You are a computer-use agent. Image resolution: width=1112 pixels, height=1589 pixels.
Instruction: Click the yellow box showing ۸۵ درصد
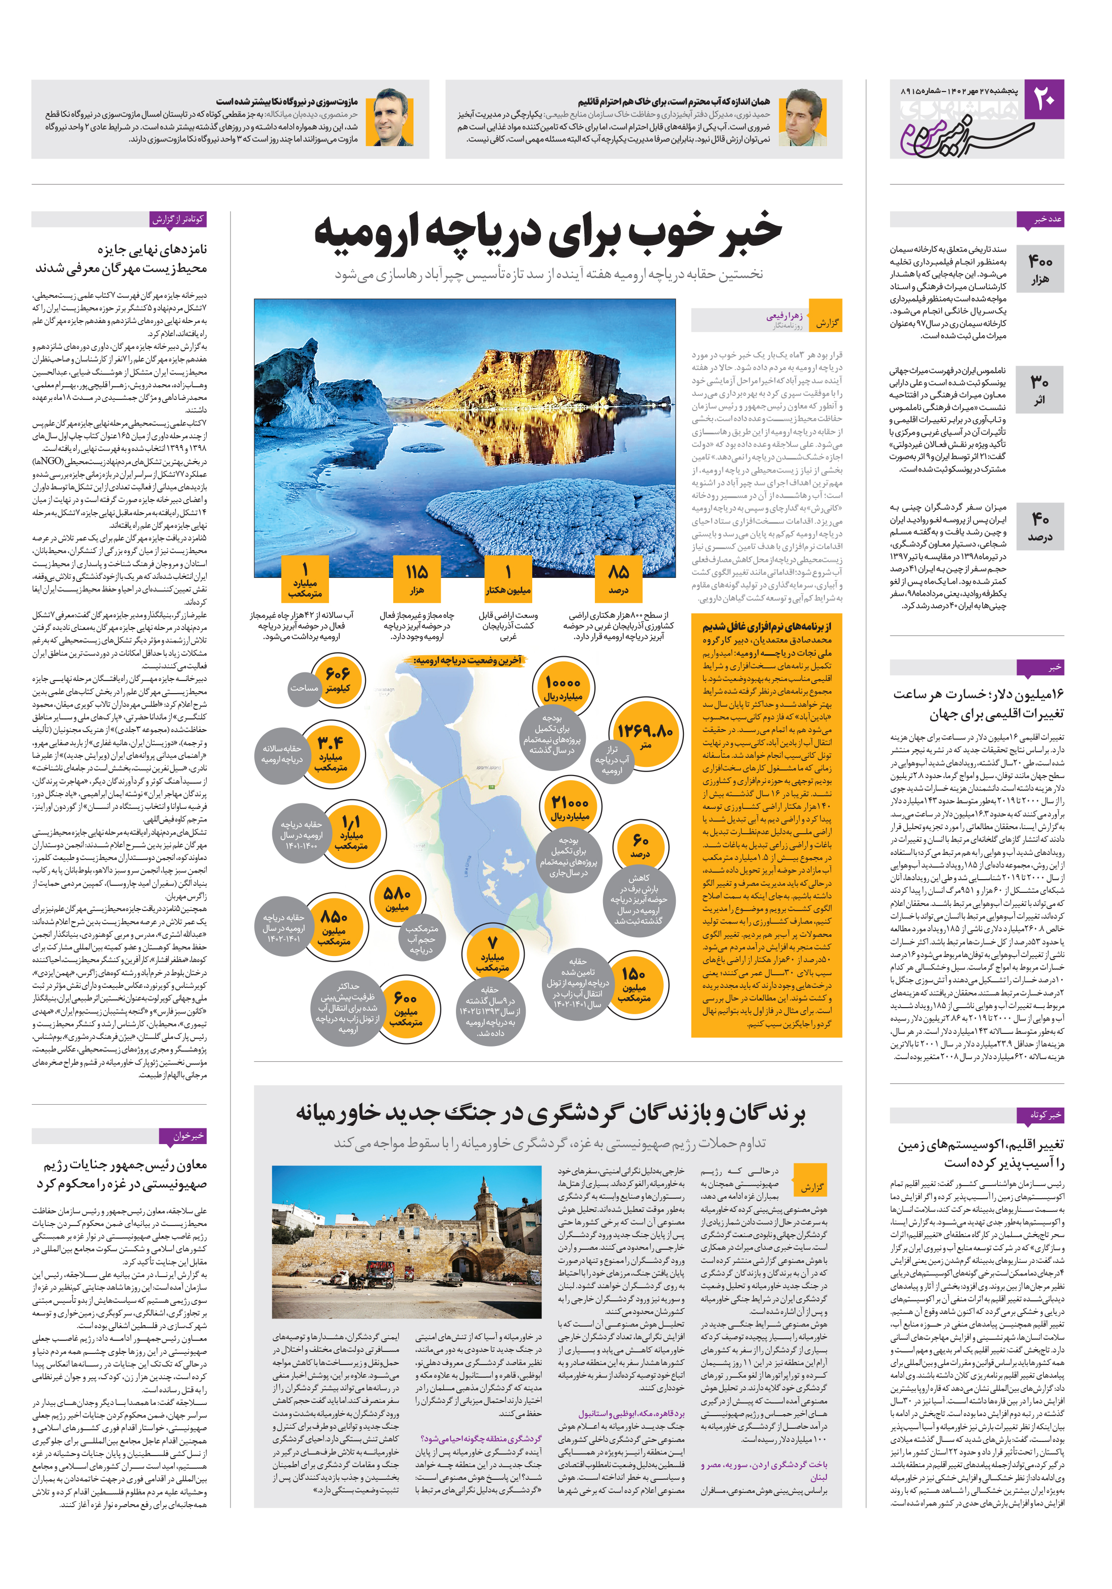click(x=618, y=578)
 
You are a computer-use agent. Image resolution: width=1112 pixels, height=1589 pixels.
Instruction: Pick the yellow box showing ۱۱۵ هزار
click(x=416, y=578)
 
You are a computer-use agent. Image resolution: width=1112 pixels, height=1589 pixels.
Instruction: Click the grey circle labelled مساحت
click(x=304, y=689)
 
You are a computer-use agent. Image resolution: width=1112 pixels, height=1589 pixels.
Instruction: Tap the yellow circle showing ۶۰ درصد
click(x=640, y=846)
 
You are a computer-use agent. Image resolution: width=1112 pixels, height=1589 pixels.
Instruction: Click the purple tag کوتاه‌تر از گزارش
click(x=178, y=219)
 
